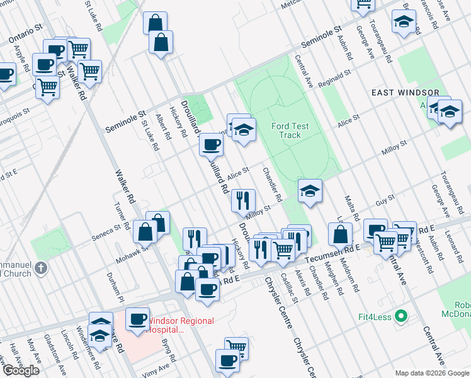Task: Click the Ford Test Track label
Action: click(290, 130)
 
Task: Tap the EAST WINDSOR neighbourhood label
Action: click(405, 93)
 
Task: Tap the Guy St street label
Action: click(385, 200)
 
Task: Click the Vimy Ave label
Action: click(159, 367)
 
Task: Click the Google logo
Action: click(21, 370)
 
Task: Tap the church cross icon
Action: click(41, 269)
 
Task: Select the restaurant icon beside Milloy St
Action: click(242, 200)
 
